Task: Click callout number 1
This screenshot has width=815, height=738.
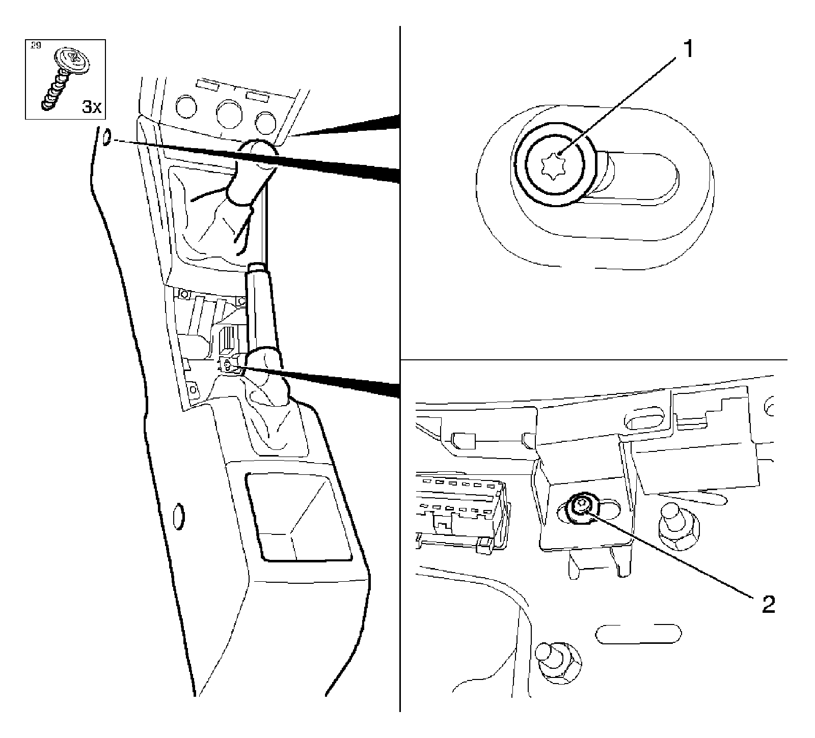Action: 688,49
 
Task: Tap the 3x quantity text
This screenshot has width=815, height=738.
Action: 92,107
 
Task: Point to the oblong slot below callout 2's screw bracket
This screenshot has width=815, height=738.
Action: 638,634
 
